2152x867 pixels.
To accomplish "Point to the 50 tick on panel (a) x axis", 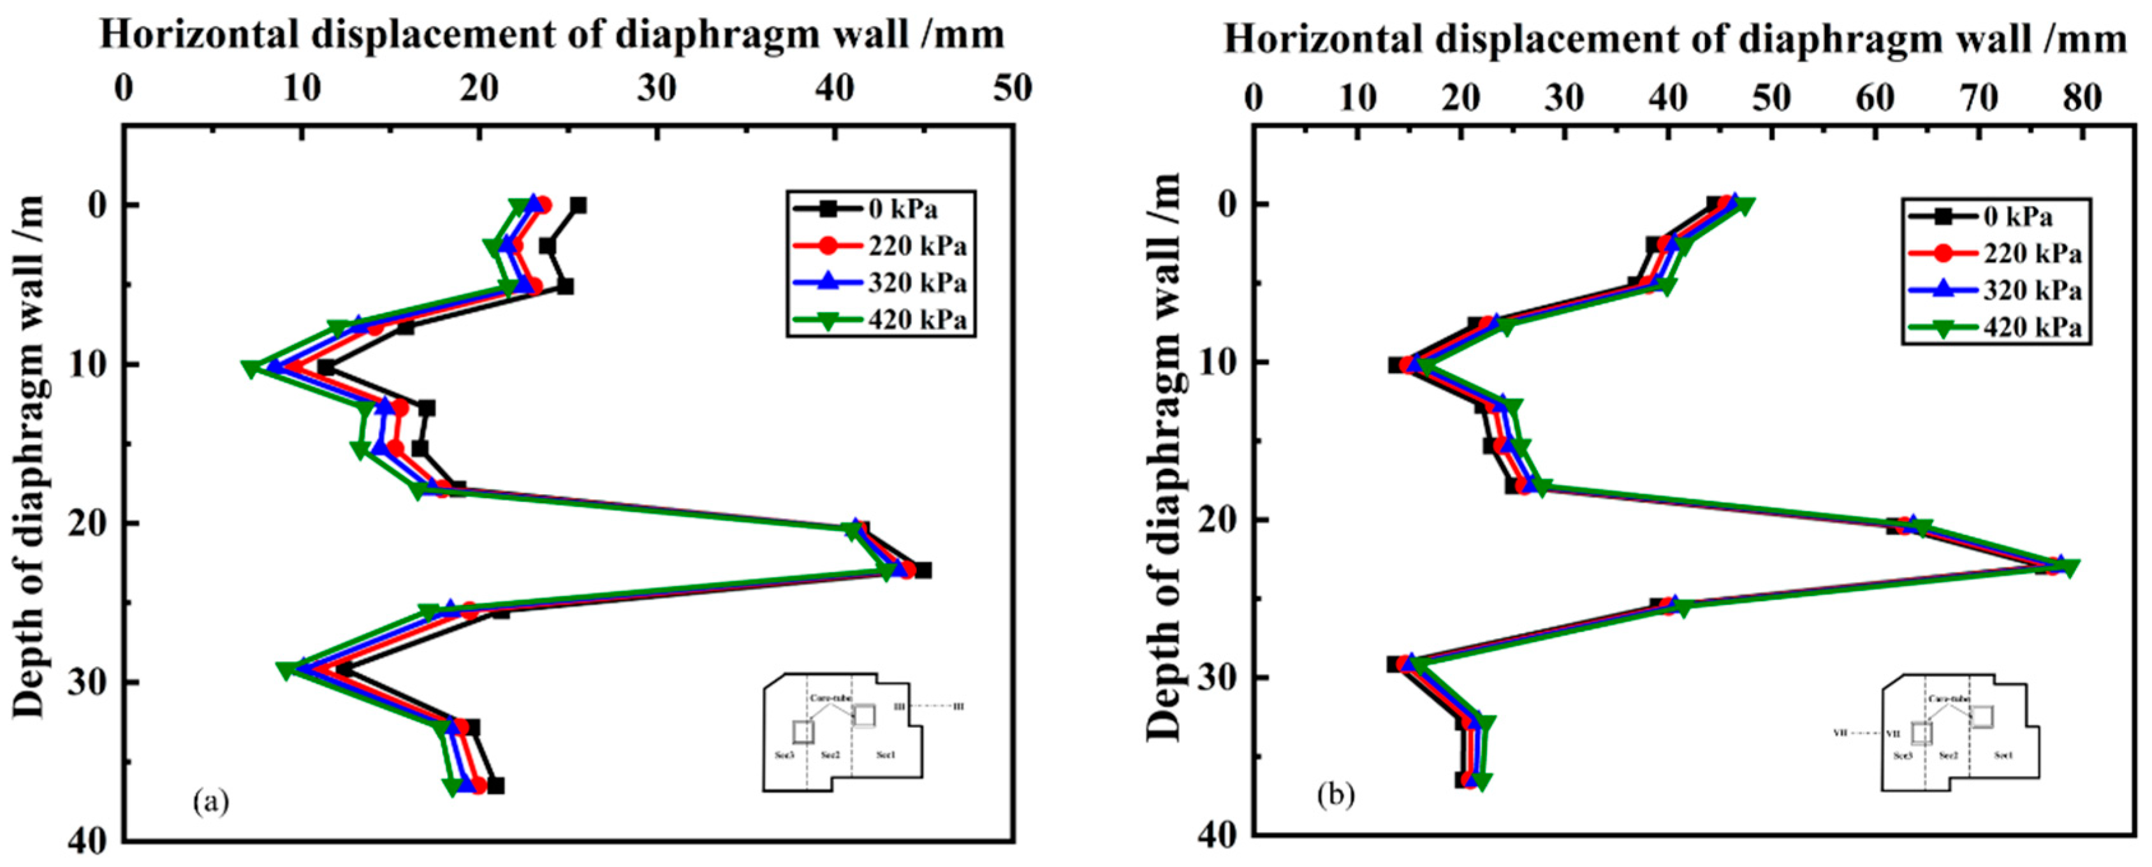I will point(1013,89).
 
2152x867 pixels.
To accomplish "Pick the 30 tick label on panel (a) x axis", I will point(657,89).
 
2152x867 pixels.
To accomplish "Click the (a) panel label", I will point(210,802).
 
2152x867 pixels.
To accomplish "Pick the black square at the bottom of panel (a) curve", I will point(496,785).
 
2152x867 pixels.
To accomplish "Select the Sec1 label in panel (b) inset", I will point(2003,755).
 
